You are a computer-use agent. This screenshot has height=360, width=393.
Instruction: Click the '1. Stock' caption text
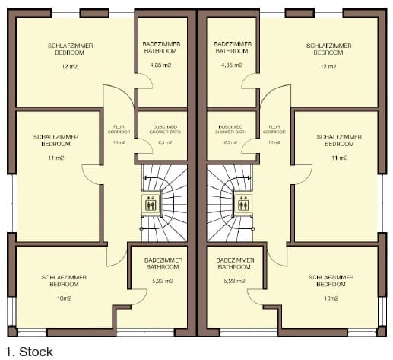(x=28, y=351)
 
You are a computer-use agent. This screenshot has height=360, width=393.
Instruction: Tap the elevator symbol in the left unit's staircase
(x=150, y=203)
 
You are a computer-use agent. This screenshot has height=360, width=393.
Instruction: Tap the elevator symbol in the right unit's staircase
(x=244, y=203)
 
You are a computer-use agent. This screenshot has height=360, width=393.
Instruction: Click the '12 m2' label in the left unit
(x=71, y=67)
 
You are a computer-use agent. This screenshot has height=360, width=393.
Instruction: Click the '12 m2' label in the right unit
(x=327, y=67)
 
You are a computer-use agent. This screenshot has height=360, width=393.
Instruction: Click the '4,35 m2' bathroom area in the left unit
(x=160, y=67)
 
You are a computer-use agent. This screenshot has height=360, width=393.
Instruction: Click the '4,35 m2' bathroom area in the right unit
(x=231, y=67)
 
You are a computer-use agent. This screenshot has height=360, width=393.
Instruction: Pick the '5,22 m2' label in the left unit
(x=160, y=282)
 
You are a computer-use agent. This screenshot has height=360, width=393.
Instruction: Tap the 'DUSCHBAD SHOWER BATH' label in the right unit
(x=230, y=129)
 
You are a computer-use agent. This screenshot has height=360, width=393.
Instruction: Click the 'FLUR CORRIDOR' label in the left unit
(x=119, y=129)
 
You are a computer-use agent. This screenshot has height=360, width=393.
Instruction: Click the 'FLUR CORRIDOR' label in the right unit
(x=273, y=129)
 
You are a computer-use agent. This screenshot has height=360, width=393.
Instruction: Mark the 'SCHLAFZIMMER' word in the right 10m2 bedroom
(x=329, y=276)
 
